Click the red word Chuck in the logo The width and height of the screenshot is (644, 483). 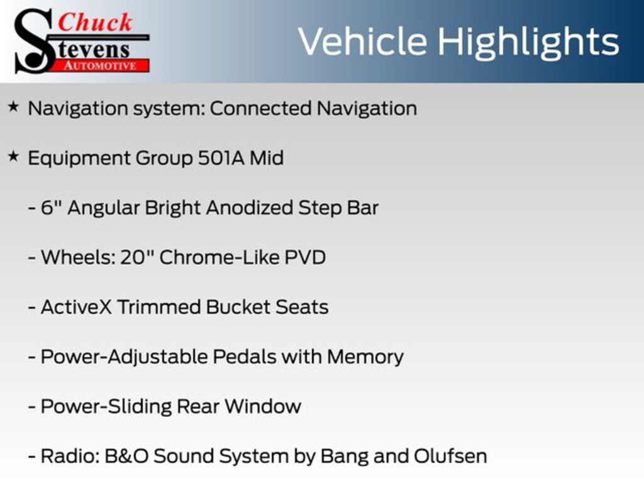[95, 22]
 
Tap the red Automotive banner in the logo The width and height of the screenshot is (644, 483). [101, 65]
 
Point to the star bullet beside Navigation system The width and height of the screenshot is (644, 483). [13, 107]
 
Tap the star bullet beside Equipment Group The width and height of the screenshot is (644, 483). [13, 156]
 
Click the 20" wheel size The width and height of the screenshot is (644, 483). [137, 257]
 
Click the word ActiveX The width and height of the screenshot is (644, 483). [76, 307]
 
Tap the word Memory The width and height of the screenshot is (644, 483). [365, 357]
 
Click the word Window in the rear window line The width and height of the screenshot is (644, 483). [263, 406]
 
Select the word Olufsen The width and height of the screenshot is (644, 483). [450, 456]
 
